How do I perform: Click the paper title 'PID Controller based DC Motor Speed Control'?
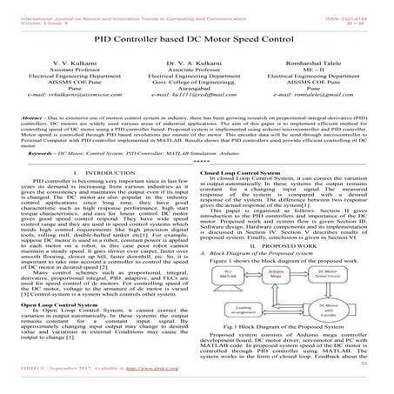coord(197,39)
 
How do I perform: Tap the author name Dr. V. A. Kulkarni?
coord(197,66)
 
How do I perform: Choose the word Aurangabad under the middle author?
coord(197,99)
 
